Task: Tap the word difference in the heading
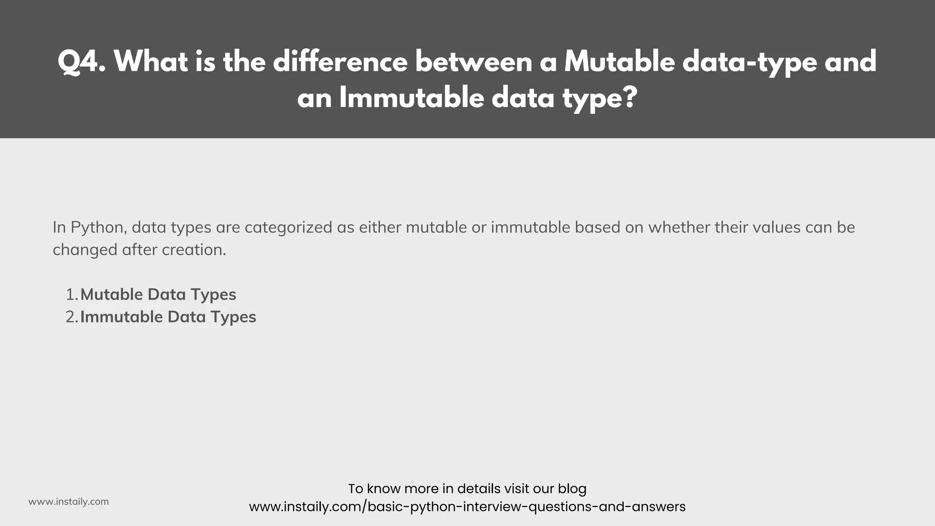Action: [340, 62]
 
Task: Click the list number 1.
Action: [72, 295]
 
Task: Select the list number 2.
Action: [72, 317]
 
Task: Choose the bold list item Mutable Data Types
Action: [158, 295]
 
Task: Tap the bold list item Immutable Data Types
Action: [168, 317]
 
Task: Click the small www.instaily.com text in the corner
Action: [68, 502]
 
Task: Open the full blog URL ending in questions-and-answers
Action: [467, 507]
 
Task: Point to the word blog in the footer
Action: [572, 489]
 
